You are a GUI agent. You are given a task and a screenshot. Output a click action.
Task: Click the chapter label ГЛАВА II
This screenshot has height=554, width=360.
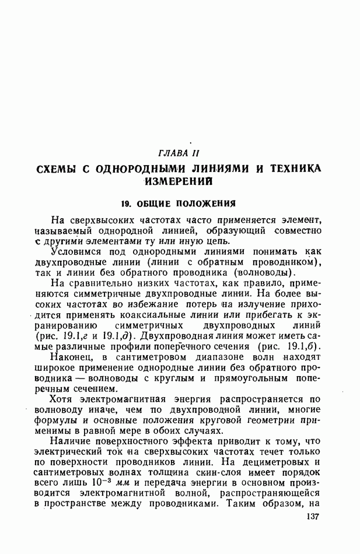point(179,153)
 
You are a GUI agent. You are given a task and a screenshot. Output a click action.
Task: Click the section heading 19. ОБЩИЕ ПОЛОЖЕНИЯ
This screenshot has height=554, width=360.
point(178,204)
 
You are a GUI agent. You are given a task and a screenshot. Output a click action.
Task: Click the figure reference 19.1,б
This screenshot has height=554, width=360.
point(302,346)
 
